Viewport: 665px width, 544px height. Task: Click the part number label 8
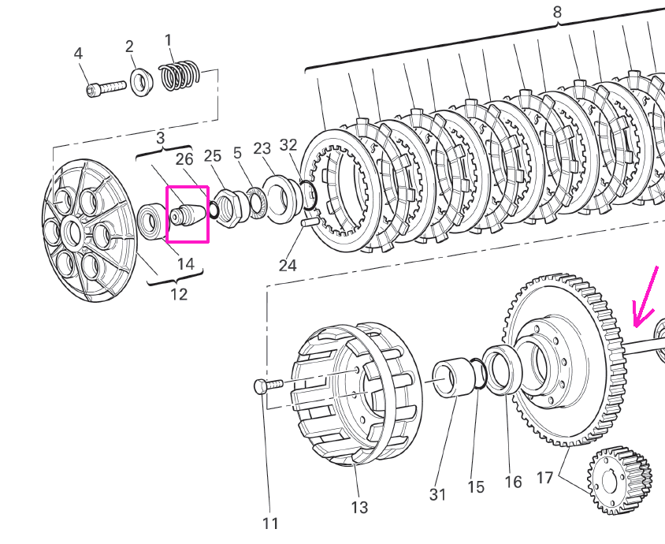(x=557, y=12)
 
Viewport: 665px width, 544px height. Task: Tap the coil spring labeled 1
(x=180, y=76)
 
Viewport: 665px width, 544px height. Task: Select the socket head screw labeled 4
(x=106, y=88)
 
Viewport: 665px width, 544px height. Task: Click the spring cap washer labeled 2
(x=141, y=82)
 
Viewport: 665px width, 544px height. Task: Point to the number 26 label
(x=184, y=159)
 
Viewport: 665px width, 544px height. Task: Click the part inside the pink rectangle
(x=188, y=215)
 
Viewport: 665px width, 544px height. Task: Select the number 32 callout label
(x=288, y=145)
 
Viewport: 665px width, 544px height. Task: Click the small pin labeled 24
(x=307, y=222)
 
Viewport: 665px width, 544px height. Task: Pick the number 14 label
(x=186, y=264)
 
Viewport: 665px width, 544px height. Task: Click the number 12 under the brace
(x=179, y=294)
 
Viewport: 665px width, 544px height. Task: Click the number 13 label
(x=359, y=507)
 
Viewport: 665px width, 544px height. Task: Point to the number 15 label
(x=476, y=486)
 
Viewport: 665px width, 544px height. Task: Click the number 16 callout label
(x=513, y=482)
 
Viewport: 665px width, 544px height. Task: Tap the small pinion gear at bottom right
(x=619, y=480)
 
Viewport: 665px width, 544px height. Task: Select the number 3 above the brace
(x=160, y=137)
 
